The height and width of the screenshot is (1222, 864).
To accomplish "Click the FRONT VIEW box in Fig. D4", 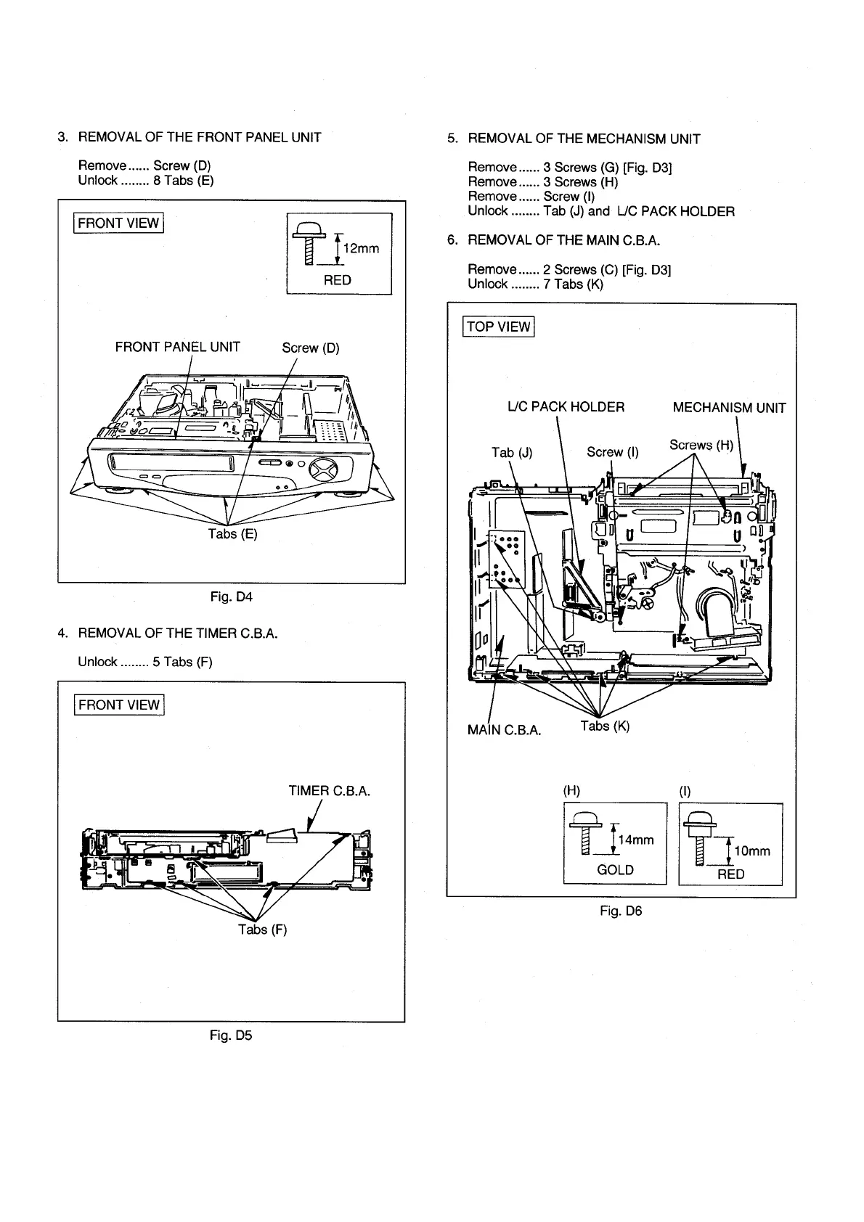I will (x=118, y=223).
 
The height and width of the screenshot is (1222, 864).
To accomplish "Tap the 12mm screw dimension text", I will (x=361, y=249).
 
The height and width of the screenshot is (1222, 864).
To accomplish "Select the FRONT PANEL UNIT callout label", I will (x=177, y=347).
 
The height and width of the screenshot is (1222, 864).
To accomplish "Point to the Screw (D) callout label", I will (x=311, y=348).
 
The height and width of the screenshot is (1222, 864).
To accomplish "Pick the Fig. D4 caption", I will (x=231, y=596).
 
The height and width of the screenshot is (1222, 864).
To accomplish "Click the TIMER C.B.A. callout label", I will (x=330, y=791).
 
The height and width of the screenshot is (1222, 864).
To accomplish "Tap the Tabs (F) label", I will (x=262, y=930).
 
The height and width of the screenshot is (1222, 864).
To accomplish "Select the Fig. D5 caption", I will (x=231, y=1036).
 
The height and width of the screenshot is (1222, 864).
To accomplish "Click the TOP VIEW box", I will (x=498, y=327).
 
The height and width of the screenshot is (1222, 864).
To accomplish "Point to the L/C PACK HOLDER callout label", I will (x=566, y=407).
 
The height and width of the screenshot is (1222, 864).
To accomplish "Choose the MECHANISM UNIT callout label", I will (x=729, y=408).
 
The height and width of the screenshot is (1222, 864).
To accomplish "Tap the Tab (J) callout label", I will (x=512, y=453).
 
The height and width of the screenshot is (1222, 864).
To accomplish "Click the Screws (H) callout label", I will (x=701, y=445).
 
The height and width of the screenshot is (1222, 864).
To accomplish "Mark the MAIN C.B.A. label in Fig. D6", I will (x=504, y=730).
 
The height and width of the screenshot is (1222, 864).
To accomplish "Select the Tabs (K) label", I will (x=605, y=726).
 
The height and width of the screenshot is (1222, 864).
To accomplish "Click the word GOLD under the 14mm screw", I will (x=615, y=869).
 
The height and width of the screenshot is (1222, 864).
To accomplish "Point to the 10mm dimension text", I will (x=752, y=850).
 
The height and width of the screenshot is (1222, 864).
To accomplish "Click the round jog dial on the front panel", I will (x=324, y=465).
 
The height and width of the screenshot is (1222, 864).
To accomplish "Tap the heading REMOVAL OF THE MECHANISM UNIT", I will (x=584, y=139).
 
